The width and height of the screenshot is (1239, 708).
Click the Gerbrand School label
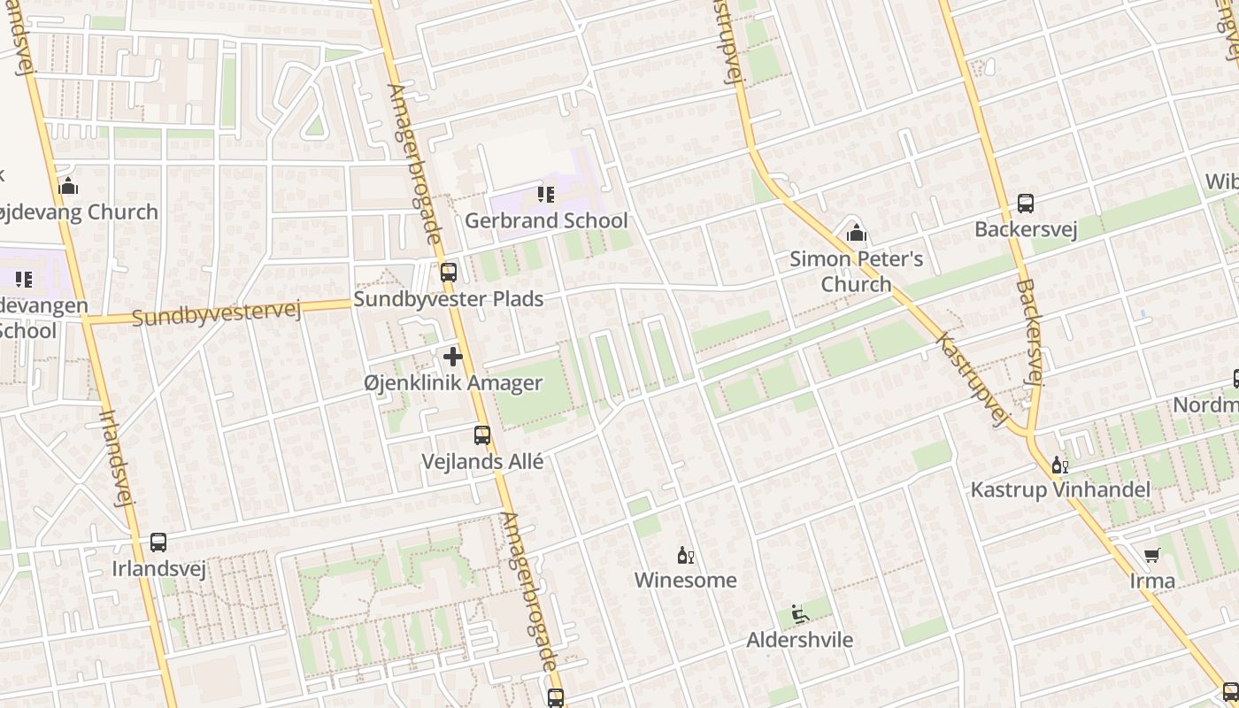point(546,220)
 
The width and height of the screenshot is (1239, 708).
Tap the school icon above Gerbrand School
point(546,194)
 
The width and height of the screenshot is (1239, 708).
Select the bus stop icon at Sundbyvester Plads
point(449,272)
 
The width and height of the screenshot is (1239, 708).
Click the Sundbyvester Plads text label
point(449,299)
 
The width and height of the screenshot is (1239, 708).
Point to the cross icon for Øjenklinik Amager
point(453,357)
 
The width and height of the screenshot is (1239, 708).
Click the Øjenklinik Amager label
point(453,383)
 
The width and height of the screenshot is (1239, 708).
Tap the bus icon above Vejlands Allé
point(482,435)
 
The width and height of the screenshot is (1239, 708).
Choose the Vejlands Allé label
point(482,462)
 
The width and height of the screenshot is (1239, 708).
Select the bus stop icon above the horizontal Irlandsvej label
point(158,542)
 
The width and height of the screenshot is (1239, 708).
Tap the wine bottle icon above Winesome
point(685,555)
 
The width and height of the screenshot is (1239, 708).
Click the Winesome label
point(685,581)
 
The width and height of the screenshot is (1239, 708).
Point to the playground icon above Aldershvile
point(799,614)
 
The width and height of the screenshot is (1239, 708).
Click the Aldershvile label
point(799,640)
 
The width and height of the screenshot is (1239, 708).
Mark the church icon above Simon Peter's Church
point(856,233)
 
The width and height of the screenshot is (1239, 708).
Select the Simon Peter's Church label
point(856,271)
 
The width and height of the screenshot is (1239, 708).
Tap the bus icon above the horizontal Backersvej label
point(1026,204)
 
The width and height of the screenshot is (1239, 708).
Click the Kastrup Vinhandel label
point(1060,490)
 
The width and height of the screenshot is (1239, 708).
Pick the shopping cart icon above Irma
point(1152,555)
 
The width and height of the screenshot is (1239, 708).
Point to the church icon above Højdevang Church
point(68,186)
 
